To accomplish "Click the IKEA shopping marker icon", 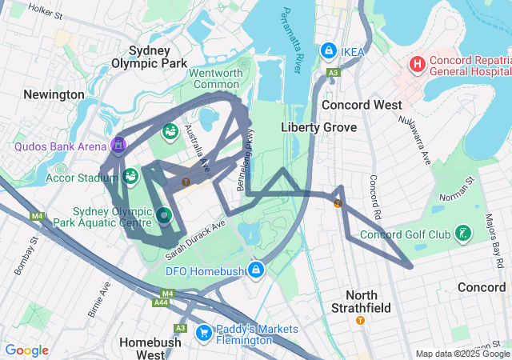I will click(x=328, y=50).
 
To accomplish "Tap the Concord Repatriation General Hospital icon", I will click(x=418, y=63).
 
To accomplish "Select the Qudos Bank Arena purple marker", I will click(x=118, y=145).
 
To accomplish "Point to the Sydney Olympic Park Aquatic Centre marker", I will click(x=164, y=214).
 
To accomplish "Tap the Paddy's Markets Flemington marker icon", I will click(x=203, y=330).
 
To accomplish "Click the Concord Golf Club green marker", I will click(x=462, y=234).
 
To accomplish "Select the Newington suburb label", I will click(x=54, y=94).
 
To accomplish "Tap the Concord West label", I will click(x=356, y=105).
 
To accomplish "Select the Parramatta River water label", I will click(x=290, y=40).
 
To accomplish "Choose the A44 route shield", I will click(x=161, y=302).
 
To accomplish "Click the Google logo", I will click(x=27, y=350).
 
